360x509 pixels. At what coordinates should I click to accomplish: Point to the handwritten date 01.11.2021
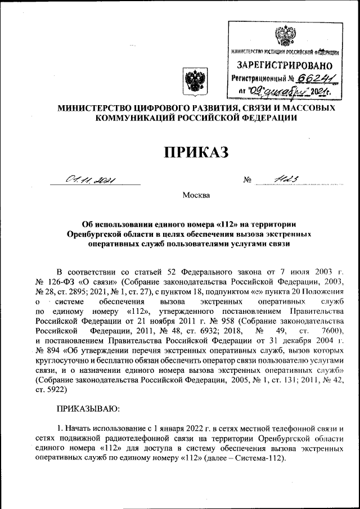(90, 181)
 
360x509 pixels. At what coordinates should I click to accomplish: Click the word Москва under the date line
(196, 195)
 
